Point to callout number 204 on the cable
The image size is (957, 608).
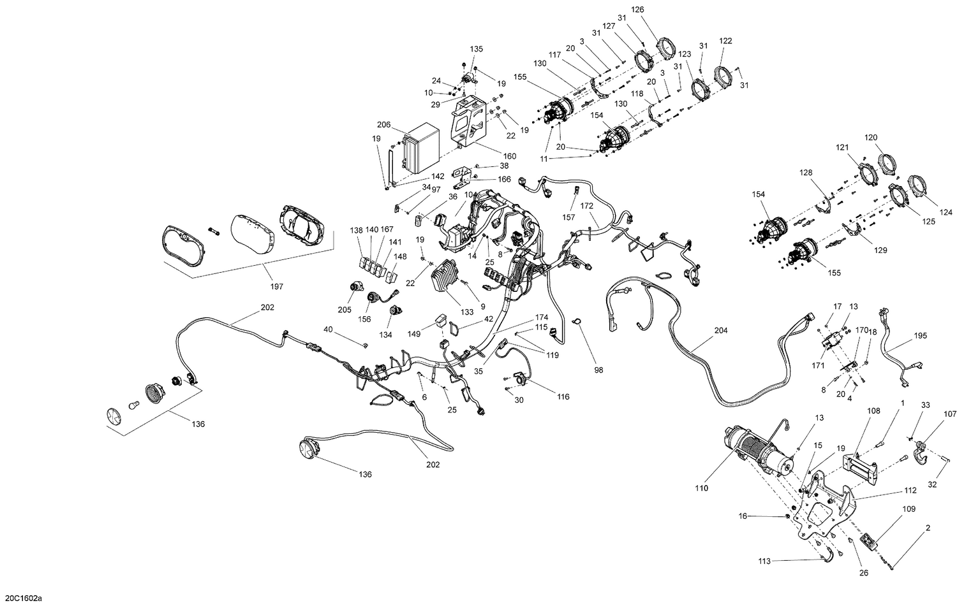(721, 331)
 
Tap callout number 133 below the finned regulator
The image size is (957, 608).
(467, 312)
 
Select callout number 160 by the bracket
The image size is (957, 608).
(510, 156)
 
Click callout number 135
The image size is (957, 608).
(477, 48)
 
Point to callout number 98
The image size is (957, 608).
(598, 370)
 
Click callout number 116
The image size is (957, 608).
(563, 396)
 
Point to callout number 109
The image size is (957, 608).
(909, 509)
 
